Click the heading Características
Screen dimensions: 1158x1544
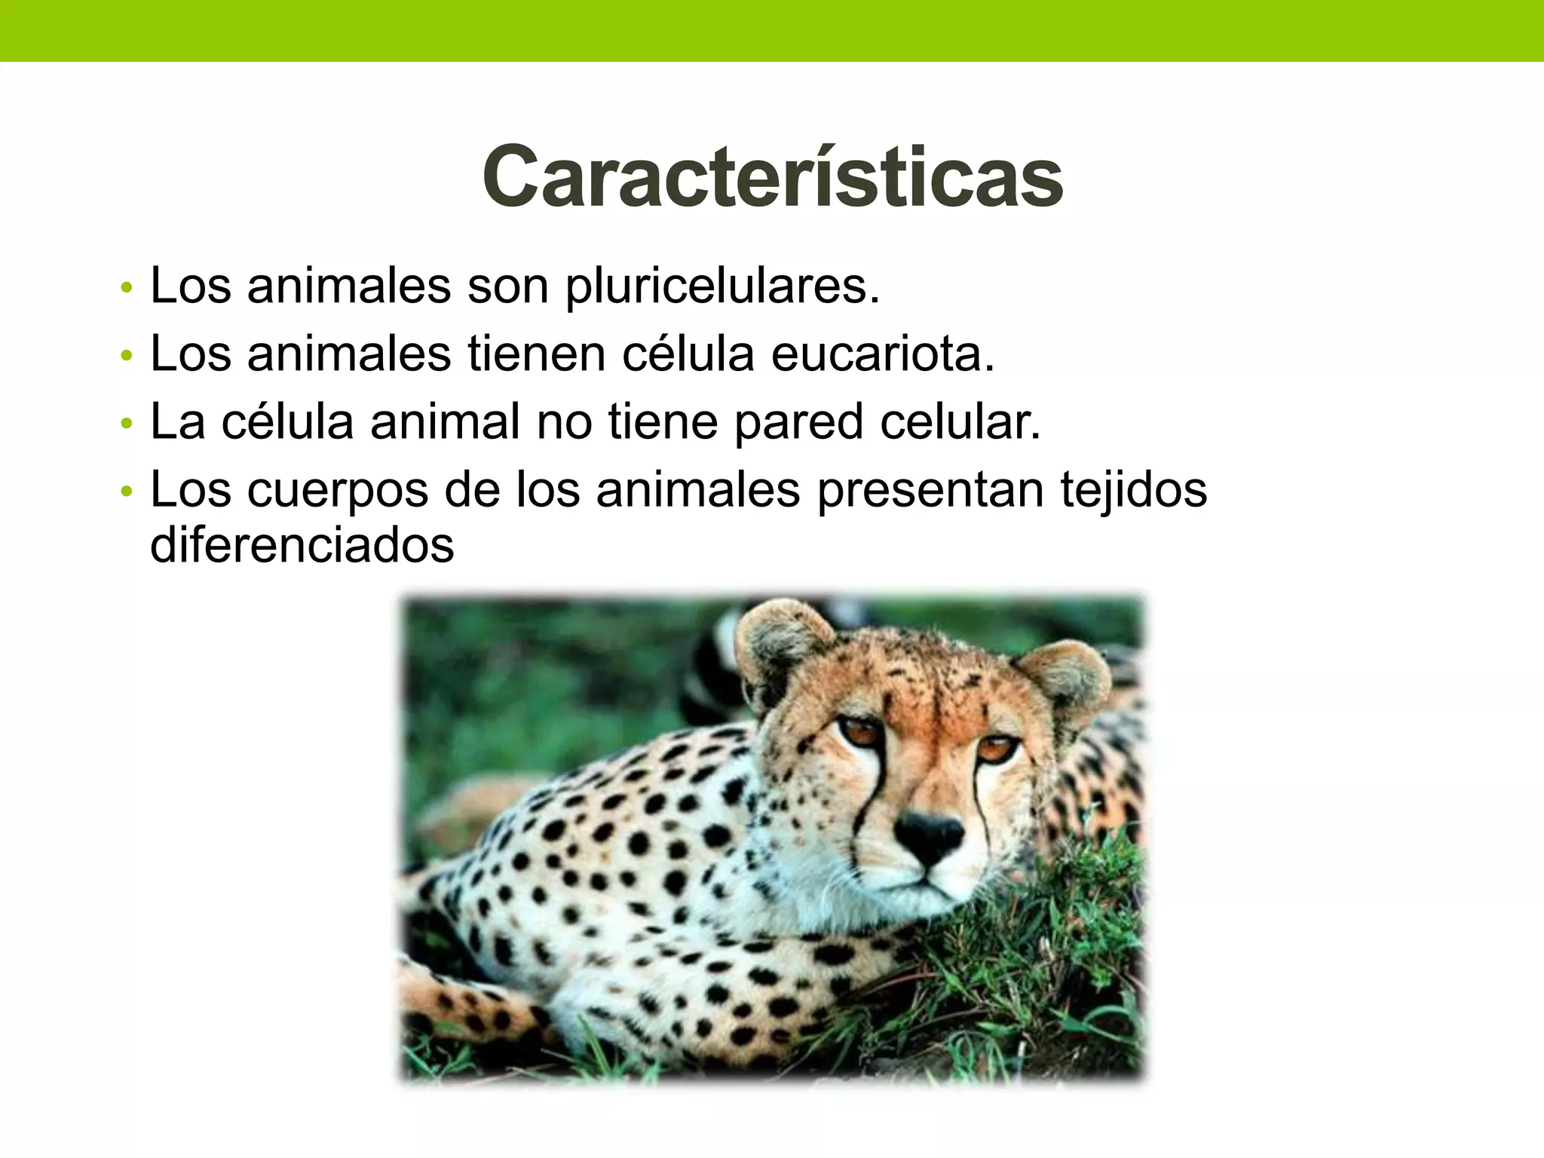[772, 178]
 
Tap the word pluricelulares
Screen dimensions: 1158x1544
[721, 287]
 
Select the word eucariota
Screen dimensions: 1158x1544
[882, 354]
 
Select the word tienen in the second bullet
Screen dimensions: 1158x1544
[537, 354]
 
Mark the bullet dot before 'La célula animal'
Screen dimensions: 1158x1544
[126, 425]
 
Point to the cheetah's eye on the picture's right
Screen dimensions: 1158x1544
[997, 748]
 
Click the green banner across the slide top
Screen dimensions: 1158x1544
[772, 30]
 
